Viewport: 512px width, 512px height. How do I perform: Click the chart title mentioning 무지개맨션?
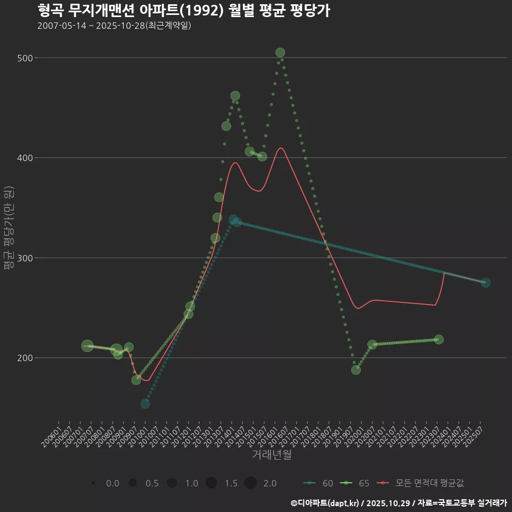point(183,10)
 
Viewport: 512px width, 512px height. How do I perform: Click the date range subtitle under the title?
point(114,26)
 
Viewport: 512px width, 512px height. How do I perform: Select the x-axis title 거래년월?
point(271,455)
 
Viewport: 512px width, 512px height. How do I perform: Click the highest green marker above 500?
point(280,52)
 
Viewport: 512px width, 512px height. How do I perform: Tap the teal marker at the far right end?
point(485,283)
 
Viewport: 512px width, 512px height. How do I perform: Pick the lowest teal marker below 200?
point(145,404)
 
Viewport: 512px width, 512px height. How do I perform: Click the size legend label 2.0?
point(270,483)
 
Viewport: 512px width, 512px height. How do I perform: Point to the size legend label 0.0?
point(113,483)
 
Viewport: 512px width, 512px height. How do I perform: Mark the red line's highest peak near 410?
point(281,148)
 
